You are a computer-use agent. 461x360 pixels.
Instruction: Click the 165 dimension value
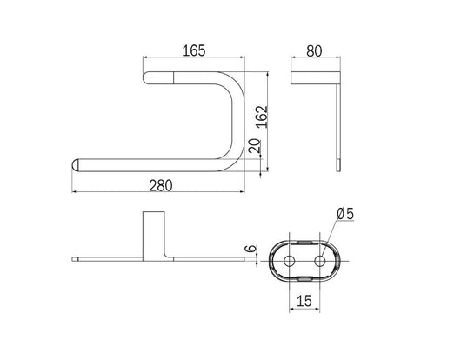tap(194, 50)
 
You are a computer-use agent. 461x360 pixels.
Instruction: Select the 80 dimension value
tap(314, 50)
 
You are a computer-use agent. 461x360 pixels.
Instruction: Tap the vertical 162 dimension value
tap(261, 117)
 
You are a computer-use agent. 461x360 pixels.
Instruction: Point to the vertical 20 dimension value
tap(255, 146)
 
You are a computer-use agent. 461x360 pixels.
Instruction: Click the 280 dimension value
tap(161, 185)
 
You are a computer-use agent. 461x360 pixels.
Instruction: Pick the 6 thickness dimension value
tap(251, 249)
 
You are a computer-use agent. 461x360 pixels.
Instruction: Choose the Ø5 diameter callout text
tap(345, 214)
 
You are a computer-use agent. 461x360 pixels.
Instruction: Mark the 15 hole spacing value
tap(304, 301)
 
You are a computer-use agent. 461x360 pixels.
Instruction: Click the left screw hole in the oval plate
tap(290, 261)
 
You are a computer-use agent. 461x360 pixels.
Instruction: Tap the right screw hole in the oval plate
tap(319, 261)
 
